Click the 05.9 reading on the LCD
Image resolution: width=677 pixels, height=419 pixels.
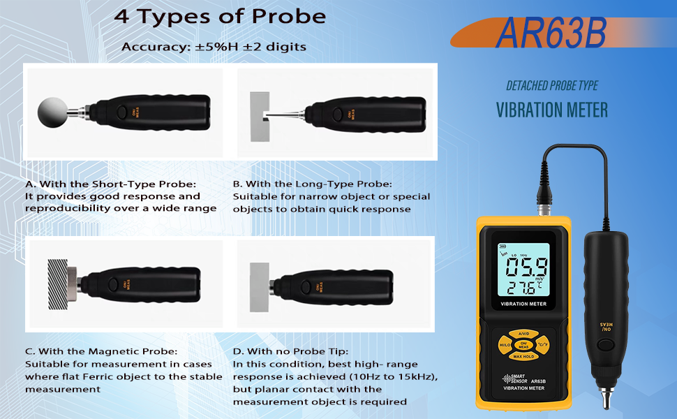(527, 267)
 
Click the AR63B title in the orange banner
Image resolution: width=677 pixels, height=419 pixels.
(551, 34)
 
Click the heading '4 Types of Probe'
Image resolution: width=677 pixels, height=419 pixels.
(220, 17)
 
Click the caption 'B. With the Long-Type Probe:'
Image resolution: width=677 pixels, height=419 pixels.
(312, 184)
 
